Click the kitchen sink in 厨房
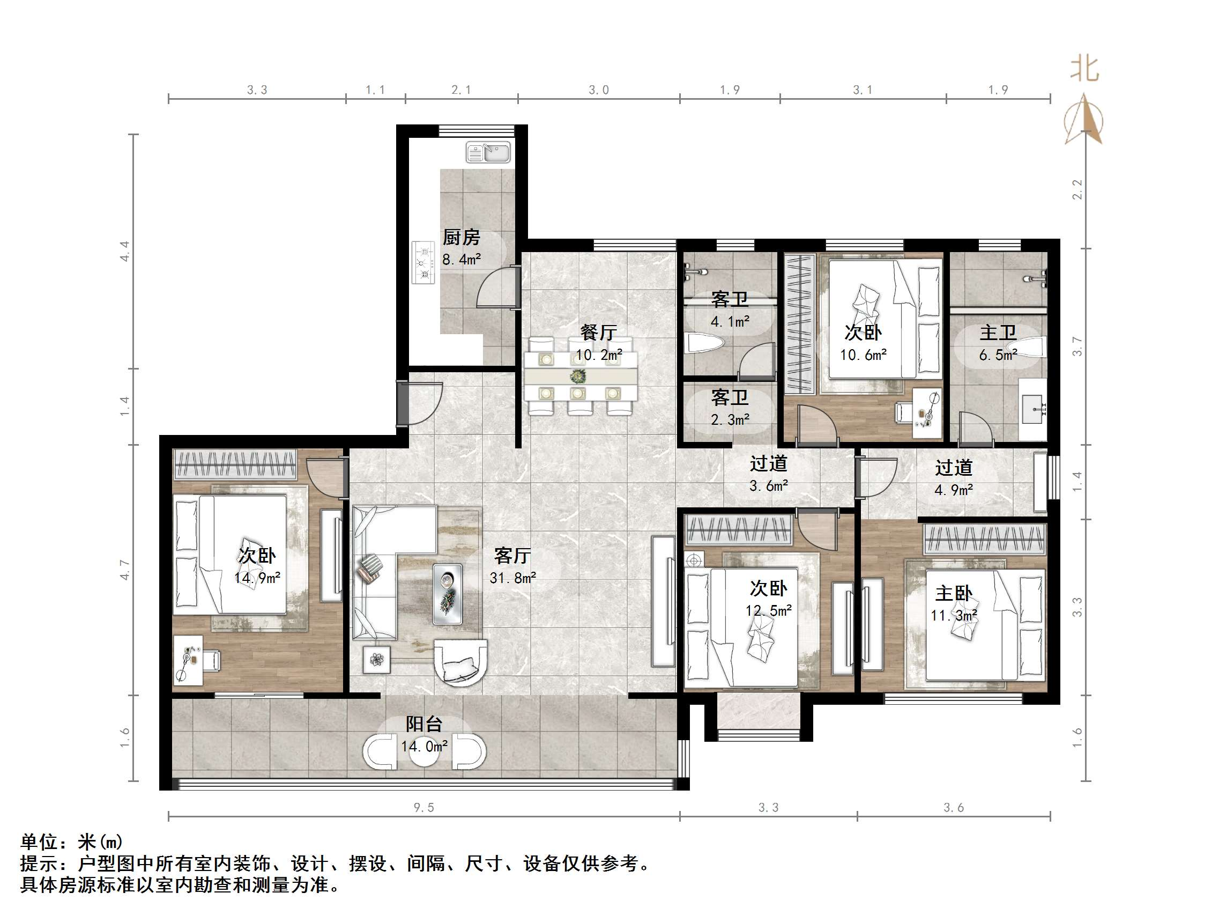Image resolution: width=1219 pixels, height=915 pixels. [488, 152]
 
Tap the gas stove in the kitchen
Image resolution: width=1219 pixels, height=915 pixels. [423, 262]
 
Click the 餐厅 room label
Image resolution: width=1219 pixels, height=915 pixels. [598, 333]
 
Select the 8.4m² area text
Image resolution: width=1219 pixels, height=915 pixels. [461, 259]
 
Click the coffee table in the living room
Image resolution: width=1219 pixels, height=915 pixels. [447, 594]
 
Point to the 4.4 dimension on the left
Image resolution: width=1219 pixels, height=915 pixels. [125, 251]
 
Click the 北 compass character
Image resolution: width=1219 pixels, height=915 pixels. [1084, 70]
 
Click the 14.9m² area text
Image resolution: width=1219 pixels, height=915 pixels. [257, 578]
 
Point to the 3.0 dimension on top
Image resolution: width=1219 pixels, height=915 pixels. [598, 90]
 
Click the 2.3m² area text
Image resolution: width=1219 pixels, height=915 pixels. [730, 420]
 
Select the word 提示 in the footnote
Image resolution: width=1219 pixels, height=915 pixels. [39, 863]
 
